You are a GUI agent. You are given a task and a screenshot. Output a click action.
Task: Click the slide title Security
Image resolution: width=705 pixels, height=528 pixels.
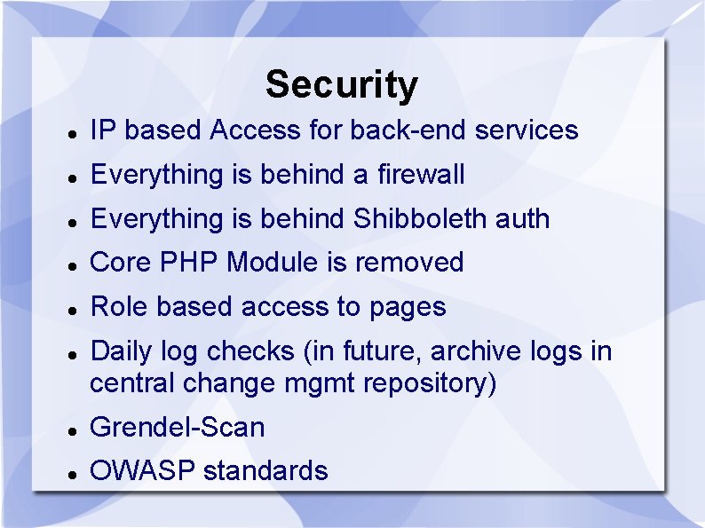pyautogui.click(x=342, y=85)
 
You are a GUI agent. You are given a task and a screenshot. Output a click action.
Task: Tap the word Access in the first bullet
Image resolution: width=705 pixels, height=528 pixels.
pyautogui.click(x=255, y=130)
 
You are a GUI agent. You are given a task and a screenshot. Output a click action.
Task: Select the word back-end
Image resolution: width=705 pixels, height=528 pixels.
pyautogui.click(x=408, y=130)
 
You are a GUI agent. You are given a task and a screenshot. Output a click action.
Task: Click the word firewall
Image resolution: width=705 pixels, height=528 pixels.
pyautogui.click(x=421, y=174)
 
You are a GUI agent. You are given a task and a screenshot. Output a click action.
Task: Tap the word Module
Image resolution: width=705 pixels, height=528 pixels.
pyautogui.click(x=272, y=262)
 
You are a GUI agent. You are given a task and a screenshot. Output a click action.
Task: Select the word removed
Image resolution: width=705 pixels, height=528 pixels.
pyautogui.click(x=409, y=263)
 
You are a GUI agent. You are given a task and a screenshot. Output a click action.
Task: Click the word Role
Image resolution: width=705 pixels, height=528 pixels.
pyautogui.click(x=119, y=306)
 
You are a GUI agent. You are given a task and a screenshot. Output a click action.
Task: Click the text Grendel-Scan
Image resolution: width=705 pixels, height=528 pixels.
pyautogui.click(x=178, y=427)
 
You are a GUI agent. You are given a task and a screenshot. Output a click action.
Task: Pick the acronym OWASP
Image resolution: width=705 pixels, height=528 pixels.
pyautogui.click(x=142, y=470)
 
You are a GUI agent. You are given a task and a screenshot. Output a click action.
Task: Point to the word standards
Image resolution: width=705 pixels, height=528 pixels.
pyautogui.click(x=265, y=470)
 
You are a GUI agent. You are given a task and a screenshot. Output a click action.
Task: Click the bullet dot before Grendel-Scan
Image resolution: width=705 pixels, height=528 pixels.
pyautogui.click(x=73, y=431)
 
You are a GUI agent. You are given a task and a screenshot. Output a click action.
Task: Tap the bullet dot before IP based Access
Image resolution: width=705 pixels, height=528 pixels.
pyautogui.click(x=73, y=134)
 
